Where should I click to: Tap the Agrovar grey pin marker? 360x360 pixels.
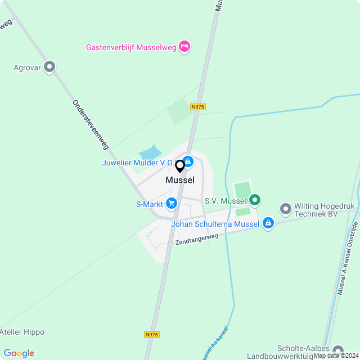50,67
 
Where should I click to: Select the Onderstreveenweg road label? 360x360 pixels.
90,125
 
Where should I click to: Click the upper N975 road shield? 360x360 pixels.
197,106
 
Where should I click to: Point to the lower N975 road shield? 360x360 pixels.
151,335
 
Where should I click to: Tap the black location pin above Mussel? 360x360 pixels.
180,166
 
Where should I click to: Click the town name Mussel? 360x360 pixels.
180,181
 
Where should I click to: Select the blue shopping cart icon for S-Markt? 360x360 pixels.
172,204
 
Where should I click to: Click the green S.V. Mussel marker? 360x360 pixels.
255,200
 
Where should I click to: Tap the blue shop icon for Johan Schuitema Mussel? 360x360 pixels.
268,224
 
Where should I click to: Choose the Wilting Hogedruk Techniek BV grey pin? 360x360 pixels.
285,209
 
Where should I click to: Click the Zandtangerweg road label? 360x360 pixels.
196,239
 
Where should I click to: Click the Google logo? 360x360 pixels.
19,353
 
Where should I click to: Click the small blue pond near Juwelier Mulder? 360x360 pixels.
150,152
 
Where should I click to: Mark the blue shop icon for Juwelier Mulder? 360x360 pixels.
188,162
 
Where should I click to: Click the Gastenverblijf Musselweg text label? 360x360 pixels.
130,47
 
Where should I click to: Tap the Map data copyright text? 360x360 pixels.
336,355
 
